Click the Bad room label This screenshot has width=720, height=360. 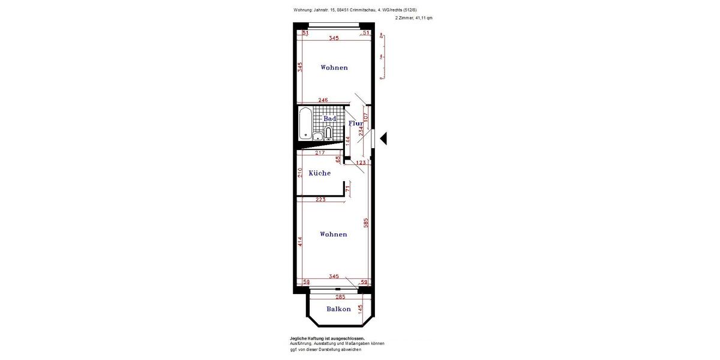coord(330,119)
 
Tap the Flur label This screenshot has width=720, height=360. coord(356,124)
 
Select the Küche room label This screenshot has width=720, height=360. coord(320,173)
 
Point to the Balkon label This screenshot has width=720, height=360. coord(338,309)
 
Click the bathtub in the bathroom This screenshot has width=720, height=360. coord(304,123)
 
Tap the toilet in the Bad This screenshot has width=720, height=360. coord(328,133)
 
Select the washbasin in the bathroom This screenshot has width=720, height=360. coord(317,136)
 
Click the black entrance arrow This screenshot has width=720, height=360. coord(383,139)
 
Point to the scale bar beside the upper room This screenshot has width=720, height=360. coord(382,57)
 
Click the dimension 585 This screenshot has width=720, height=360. coord(365,223)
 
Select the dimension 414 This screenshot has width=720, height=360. coord(299,242)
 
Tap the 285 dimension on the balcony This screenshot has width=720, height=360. coord(340,297)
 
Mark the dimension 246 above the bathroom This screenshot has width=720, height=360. coord(323,100)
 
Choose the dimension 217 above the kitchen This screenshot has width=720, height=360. coord(320,153)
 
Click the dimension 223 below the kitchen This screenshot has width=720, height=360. coord(320,199)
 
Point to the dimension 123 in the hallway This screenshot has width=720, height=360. coord(361,163)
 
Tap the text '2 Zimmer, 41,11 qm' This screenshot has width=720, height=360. coord(413,18)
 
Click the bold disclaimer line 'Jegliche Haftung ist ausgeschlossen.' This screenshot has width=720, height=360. coord(327,338)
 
